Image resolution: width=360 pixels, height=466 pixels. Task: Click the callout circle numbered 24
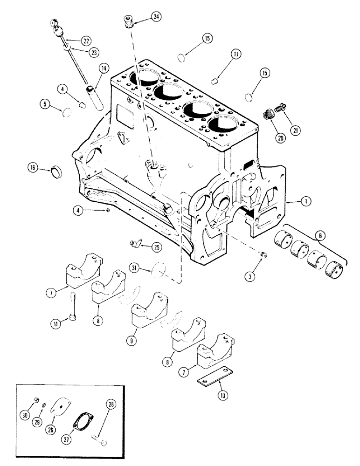pyautogui.click(x=155, y=17)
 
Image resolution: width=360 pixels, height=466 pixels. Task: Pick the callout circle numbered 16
pyautogui.click(x=33, y=168)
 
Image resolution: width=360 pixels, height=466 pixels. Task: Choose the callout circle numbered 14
pyautogui.click(x=103, y=69)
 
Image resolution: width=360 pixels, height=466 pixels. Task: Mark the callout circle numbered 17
pyautogui.click(x=236, y=55)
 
